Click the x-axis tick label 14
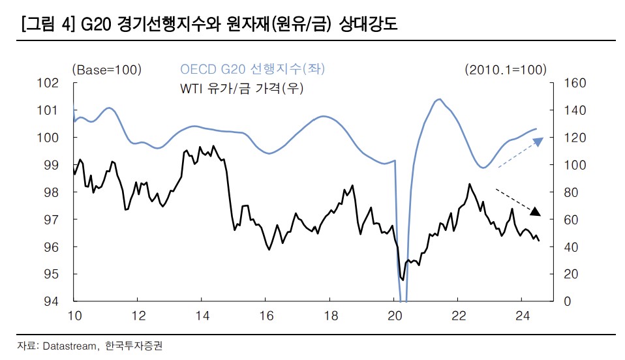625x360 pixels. click(x=202, y=316)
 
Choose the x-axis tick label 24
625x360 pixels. click(x=521, y=316)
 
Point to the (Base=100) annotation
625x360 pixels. click(x=106, y=69)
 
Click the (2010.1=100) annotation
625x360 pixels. click(x=505, y=69)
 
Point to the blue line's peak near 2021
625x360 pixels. click(x=439, y=99)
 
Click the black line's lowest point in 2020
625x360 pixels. click(x=403, y=280)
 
